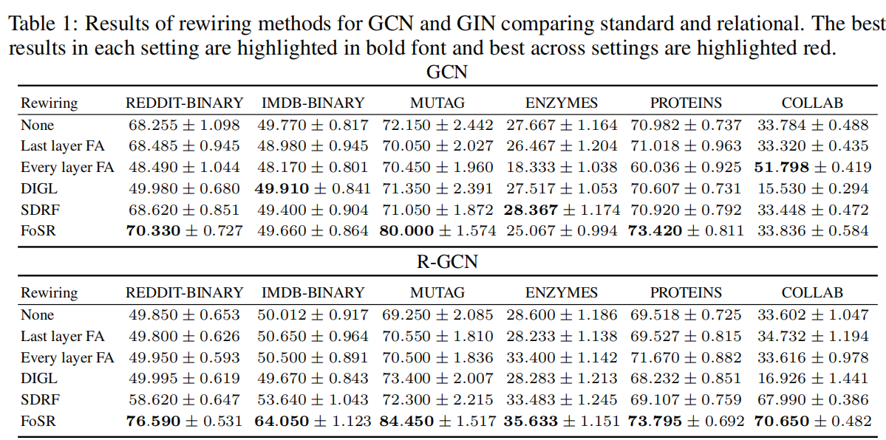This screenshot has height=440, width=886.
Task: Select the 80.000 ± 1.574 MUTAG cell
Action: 437,230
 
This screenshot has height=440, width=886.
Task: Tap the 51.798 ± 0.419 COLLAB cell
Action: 813,167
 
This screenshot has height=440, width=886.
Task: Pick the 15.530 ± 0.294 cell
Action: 813,188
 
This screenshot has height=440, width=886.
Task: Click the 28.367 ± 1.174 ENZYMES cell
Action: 562,210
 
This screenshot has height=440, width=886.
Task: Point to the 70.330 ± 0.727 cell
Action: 184,230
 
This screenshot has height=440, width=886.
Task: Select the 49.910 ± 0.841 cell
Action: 313,188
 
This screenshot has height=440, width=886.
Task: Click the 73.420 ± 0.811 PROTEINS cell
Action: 686,230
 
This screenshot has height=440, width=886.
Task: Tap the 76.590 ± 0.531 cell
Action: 184,421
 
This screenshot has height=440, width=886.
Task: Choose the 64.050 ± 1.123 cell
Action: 313,421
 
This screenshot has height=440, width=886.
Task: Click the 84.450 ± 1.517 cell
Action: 437,421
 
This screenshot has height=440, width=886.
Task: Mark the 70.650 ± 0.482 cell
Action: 813,421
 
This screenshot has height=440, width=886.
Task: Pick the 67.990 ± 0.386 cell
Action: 813,399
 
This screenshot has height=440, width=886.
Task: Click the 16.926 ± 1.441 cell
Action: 813,378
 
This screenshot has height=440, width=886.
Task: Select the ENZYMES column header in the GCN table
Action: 562,103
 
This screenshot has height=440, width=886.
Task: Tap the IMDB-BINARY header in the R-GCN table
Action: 313,292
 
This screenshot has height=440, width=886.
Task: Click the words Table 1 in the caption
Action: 41,23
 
